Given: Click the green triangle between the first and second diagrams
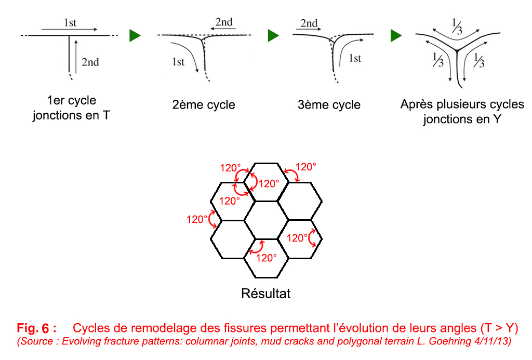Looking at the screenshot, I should point(135,36).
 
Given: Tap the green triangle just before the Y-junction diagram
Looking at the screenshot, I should point(396,36).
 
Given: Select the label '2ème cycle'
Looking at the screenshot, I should point(204,105).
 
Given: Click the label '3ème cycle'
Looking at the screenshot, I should point(329,105).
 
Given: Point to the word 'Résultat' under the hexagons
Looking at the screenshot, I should point(265,293).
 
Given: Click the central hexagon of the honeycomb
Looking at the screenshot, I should point(266,220).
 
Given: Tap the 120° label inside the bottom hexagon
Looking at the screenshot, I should point(267,257).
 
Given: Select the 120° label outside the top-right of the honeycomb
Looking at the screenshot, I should point(305,167).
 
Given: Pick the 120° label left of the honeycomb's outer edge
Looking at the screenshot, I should point(197,219).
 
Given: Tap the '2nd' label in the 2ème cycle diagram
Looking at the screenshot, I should point(224,22).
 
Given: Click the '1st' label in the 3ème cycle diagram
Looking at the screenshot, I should point(355,59).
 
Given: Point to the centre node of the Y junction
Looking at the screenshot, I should point(456,50).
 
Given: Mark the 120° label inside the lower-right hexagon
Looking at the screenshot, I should point(298,238).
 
